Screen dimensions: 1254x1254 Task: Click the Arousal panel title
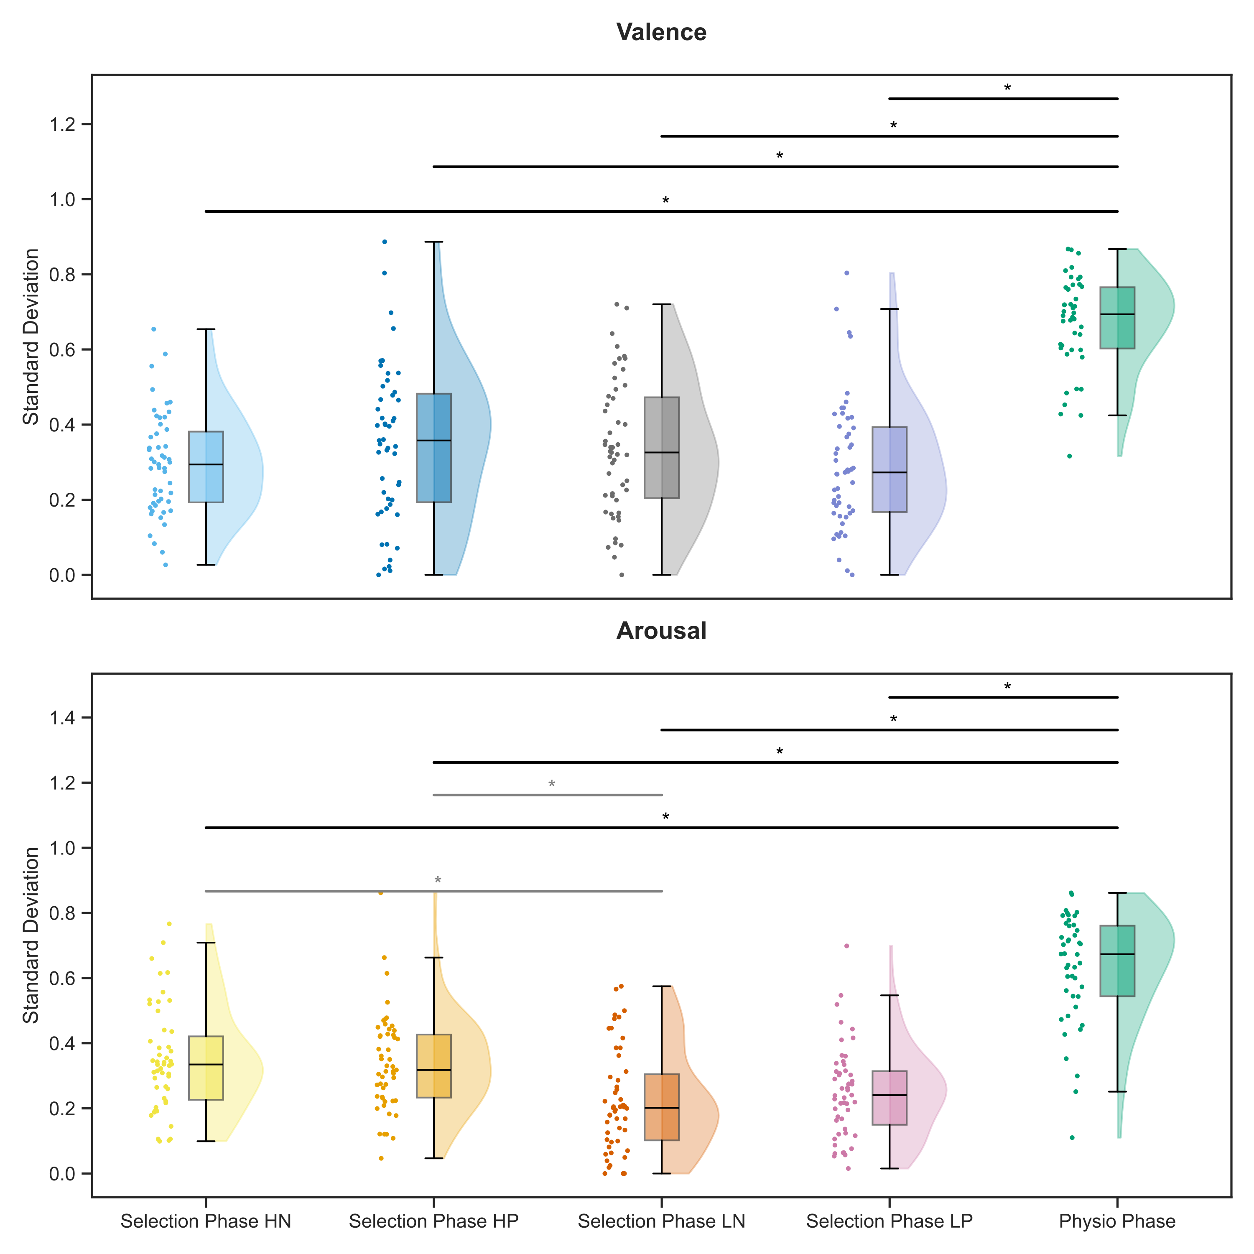tap(661, 630)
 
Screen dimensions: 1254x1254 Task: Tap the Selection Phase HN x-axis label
tap(206, 1221)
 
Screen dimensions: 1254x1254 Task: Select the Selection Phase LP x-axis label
tap(889, 1221)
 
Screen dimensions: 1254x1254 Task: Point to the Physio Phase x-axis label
tap(1117, 1221)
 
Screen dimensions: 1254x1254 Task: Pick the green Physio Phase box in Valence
tap(1117, 318)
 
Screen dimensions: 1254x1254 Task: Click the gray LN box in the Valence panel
tap(661, 447)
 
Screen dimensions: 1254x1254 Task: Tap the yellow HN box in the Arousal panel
tap(206, 1067)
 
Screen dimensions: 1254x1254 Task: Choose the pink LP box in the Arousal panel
tap(889, 1097)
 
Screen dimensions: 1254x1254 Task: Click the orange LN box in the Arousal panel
tap(661, 1107)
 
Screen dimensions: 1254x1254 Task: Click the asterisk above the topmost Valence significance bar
tap(1007, 88)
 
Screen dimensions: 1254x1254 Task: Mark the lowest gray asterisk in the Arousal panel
tap(438, 881)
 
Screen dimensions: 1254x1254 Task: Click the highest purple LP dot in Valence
tap(846, 273)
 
